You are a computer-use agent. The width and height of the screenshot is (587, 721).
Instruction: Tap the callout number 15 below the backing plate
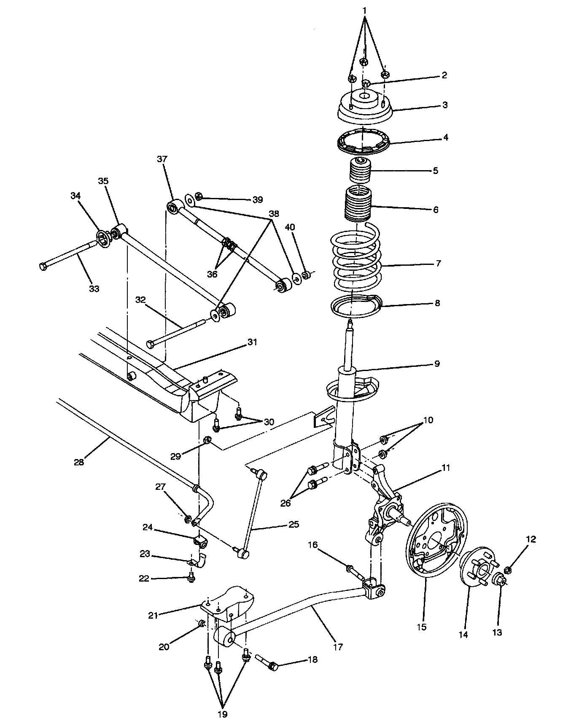[422, 638]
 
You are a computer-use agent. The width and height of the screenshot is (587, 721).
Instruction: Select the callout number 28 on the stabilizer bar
[79, 462]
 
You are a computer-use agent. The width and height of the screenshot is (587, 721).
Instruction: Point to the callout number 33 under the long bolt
[94, 288]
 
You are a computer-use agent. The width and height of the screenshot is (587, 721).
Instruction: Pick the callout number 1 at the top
[365, 10]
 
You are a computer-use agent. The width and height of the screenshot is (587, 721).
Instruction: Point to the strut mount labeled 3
[365, 107]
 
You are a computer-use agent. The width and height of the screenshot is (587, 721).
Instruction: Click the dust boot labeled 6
[358, 204]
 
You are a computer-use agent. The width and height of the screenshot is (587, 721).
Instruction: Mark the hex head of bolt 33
[43, 266]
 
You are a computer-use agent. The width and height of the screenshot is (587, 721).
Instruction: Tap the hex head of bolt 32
[151, 344]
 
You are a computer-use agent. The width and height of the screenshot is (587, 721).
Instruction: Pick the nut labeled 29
[207, 440]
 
